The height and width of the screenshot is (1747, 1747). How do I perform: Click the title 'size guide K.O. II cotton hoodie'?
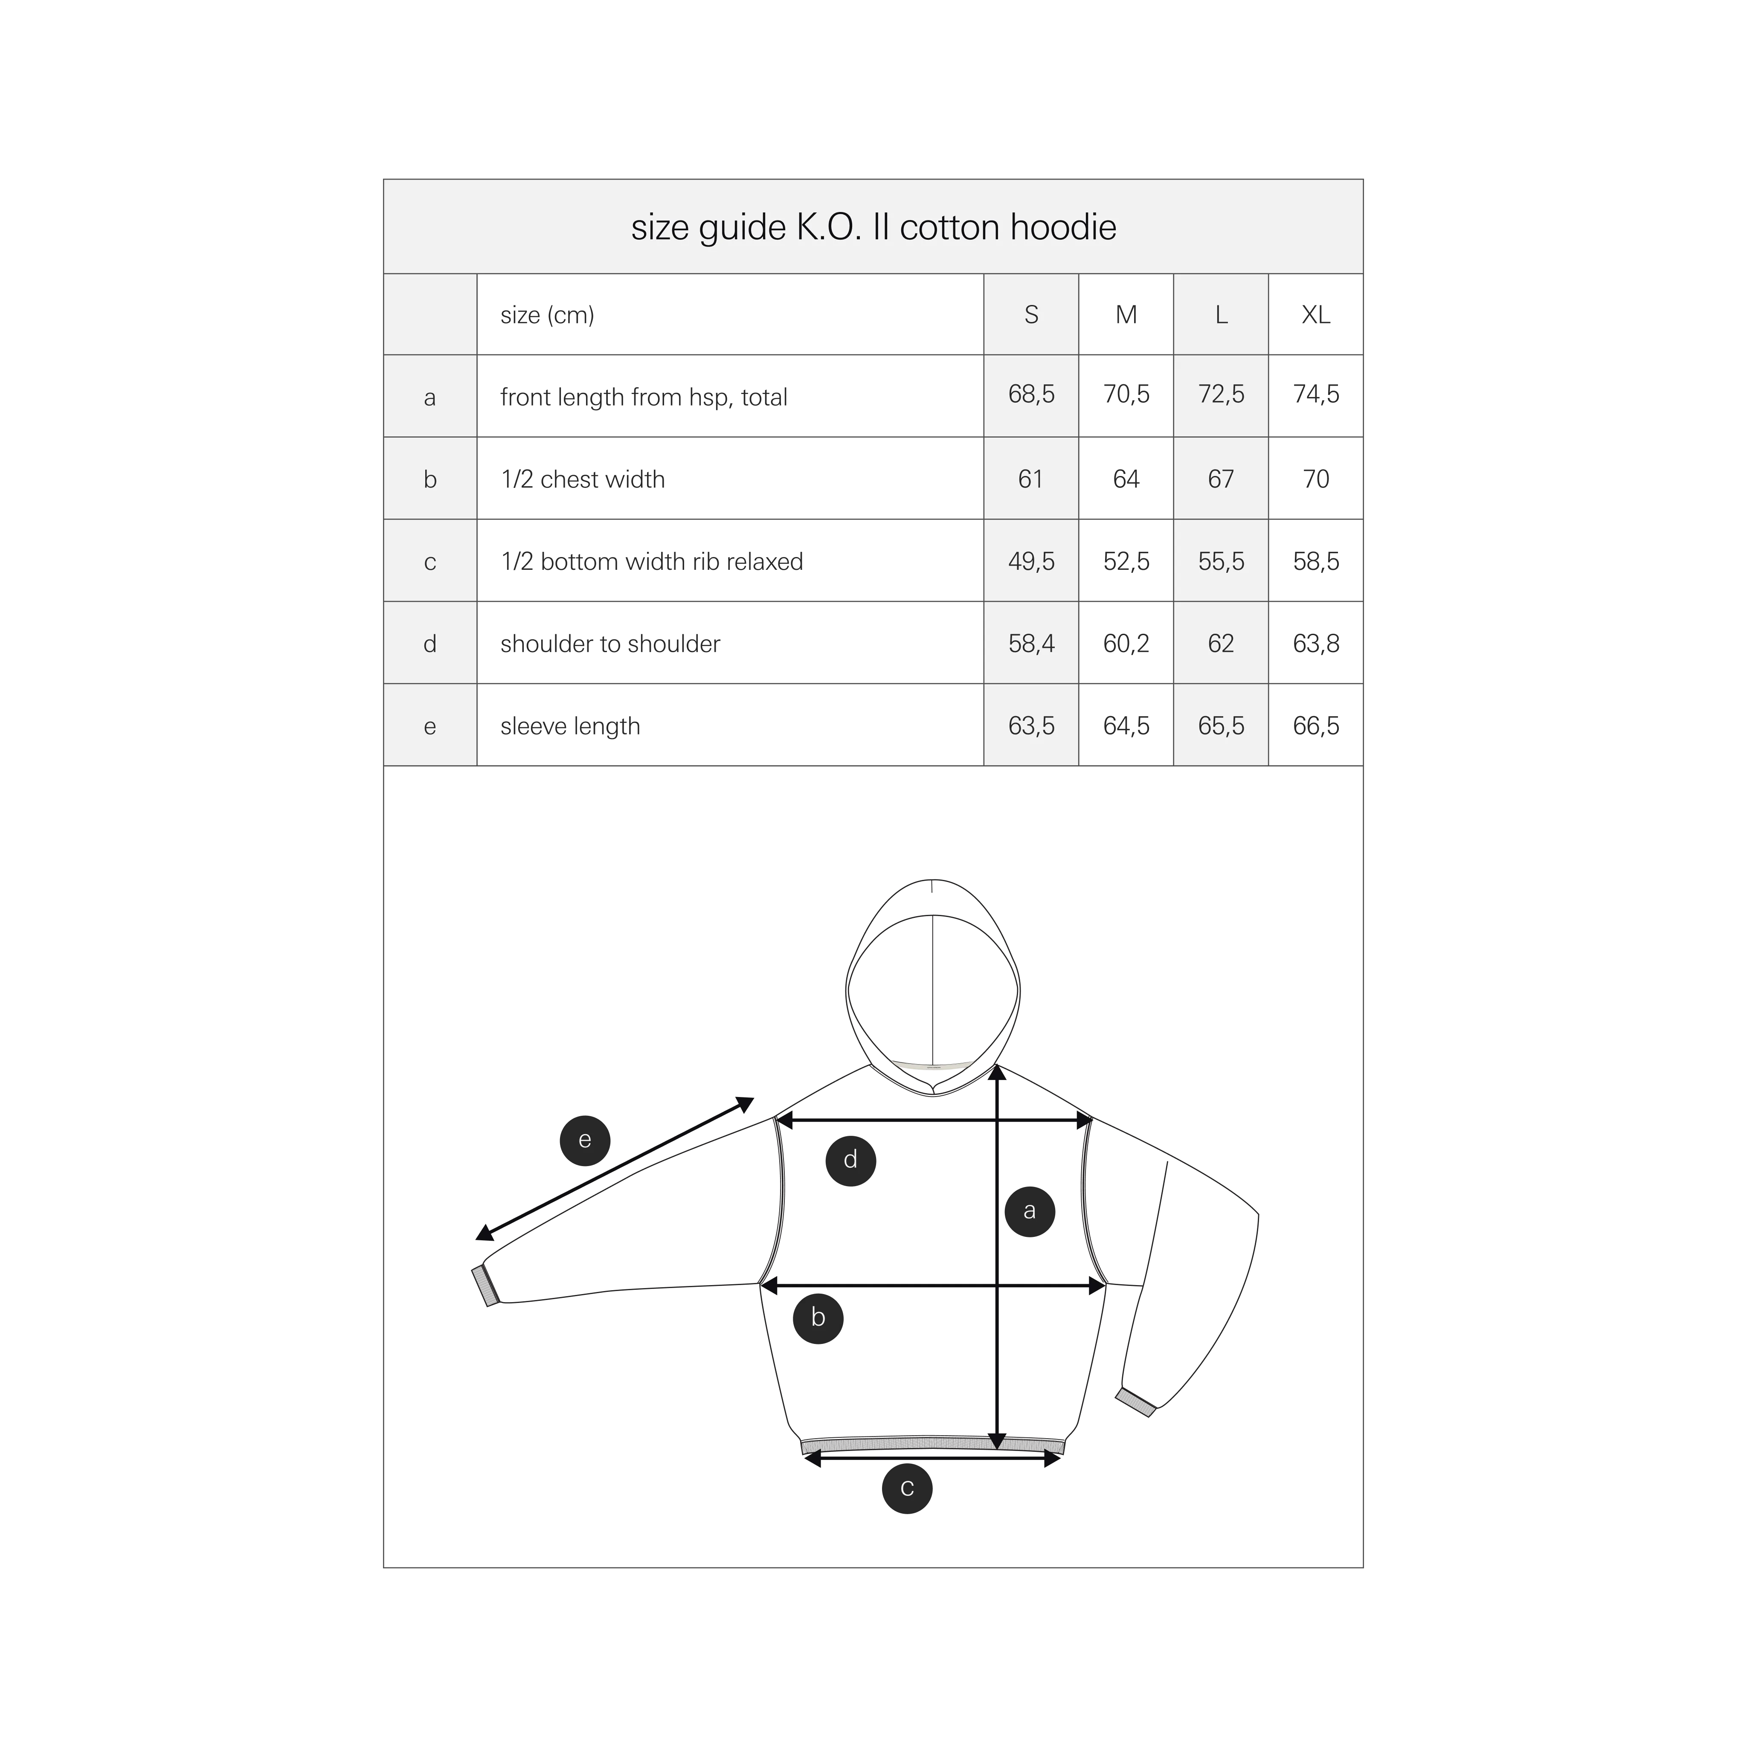coord(873,227)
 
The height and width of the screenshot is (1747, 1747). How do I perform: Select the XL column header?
coord(1316,315)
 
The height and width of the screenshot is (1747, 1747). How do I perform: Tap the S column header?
coord(1031,315)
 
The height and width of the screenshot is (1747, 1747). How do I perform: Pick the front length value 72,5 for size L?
coord(1221,394)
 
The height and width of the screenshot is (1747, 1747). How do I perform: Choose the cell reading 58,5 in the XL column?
coord(1316,562)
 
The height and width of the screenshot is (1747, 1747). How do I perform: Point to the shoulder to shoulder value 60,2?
coord(1126,644)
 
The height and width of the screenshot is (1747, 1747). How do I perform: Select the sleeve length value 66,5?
coord(1316,726)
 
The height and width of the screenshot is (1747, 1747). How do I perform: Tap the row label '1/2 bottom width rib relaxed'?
coord(652,562)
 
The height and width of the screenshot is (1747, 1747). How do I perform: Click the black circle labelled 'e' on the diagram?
coord(585,1140)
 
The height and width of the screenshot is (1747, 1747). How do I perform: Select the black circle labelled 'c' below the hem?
coord(907,1489)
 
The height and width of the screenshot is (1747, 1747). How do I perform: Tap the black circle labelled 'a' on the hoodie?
coord(1030,1211)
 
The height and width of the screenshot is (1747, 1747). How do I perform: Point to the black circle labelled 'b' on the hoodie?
coord(818,1318)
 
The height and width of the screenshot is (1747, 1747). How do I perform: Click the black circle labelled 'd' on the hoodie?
coord(851,1160)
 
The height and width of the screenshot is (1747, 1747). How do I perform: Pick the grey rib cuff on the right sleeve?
coord(1136,1402)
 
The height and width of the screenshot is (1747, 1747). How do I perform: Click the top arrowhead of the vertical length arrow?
coord(997,1072)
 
